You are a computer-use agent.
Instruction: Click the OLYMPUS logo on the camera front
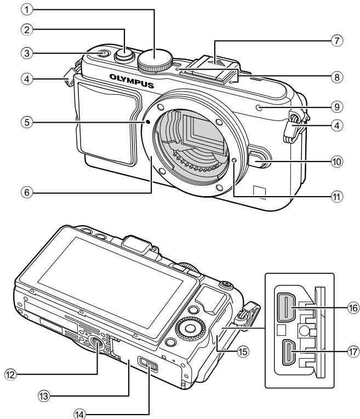(132, 81)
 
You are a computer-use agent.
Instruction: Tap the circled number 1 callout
(27, 10)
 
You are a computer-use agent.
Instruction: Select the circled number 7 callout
(337, 41)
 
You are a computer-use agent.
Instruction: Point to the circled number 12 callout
(11, 375)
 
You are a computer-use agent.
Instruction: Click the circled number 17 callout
(353, 352)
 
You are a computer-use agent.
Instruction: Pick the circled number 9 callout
(337, 107)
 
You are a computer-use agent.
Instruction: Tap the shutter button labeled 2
(124, 55)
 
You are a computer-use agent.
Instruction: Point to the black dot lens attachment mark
(147, 122)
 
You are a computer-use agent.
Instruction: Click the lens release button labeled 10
(259, 160)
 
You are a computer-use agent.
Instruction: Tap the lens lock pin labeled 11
(234, 160)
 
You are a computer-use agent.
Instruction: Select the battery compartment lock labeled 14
(148, 364)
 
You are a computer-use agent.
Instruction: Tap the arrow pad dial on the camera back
(190, 328)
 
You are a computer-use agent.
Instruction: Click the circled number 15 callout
(243, 352)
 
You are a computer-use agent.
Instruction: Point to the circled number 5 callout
(27, 122)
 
